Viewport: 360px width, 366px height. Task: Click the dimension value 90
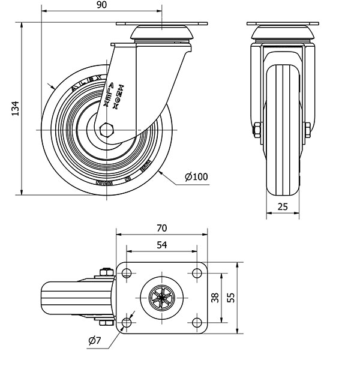coord(101,5)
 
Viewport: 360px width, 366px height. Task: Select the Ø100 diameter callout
coord(196,177)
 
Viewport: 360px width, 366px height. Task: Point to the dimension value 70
coord(161,229)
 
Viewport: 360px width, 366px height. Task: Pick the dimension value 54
coord(161,244)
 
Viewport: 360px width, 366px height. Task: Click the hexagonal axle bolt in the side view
coord(107,130)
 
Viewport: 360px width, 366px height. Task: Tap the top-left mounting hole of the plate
coord(126,274)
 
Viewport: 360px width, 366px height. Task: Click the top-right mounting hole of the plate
coord(196,274)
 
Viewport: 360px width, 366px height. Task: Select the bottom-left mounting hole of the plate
coord(126,323)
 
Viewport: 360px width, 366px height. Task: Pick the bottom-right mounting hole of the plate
coord(196,323)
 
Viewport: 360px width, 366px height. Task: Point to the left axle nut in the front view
coord(257,130)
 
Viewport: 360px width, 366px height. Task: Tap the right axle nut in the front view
coord(307,130)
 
